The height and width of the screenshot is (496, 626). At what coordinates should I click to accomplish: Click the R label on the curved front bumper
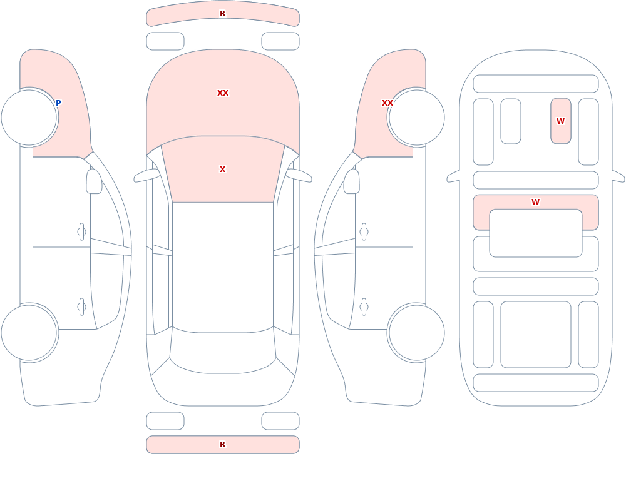pos(222,14)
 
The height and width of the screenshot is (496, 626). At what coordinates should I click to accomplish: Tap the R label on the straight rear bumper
pos(222,445)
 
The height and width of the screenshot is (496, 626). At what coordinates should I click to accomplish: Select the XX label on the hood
pos(223,93)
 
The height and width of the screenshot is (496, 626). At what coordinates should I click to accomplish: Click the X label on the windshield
pos(222,170)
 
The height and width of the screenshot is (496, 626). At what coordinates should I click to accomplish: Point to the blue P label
pos(58,103)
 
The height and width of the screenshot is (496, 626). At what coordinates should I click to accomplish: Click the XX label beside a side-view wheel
pos(387,103)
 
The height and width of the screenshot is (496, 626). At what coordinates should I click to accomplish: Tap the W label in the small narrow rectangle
pos(560,121)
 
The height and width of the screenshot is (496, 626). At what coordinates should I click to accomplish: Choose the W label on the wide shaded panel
pos(535,202)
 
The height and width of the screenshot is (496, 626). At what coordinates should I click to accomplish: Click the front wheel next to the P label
pos(29,118)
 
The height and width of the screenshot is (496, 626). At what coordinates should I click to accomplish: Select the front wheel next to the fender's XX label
pos(416,118)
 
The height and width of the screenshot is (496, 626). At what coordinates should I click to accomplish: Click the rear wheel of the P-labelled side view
pos(29,332)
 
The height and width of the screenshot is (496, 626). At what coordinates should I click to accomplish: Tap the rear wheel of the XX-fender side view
pos(416,332)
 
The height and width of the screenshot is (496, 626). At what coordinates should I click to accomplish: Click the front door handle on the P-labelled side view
pos(81,232)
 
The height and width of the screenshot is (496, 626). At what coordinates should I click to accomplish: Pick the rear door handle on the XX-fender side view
pos(364,307)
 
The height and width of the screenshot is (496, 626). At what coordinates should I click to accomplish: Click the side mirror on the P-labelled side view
pos(94,181)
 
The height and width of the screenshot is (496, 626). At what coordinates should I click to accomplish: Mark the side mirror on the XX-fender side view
pos(352,181)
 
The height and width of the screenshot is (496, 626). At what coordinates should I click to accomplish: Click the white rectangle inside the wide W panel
pos(536,233)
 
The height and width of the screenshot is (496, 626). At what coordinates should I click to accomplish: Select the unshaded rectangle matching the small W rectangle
pos(511,121)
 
